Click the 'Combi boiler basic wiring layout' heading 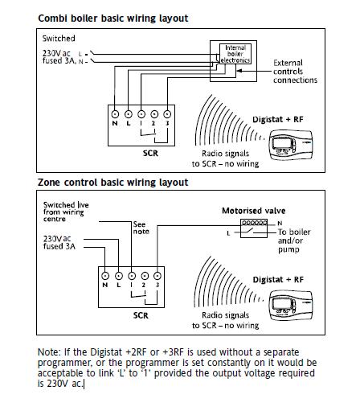[113, 18]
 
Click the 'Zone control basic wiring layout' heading [112, 183]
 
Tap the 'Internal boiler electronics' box [235, 54]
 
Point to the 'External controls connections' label [295, 72]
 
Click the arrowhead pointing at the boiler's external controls [239, 71]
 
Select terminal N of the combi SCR [115, 114]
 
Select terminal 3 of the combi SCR [167, 114]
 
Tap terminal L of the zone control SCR [119, 276]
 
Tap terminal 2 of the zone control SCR [145, 276]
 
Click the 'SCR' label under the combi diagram [150, 154]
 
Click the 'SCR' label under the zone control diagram [141, 315]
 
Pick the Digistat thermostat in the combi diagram [291, 145]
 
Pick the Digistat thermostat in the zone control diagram [291, 306]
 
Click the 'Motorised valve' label [254, 211]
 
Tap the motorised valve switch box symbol [254, 228]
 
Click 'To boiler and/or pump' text [294, 240]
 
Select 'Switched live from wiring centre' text [66, 212]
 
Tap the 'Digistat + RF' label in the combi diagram [278, 119]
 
